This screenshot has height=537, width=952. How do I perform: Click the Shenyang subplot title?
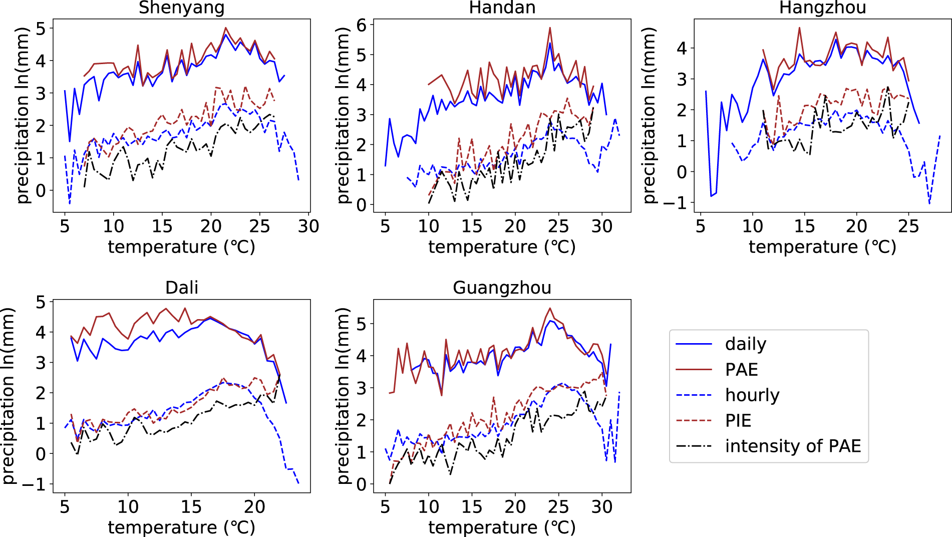click(x=181, y=8)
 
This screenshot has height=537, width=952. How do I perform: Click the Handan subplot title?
click(x=502, y=8)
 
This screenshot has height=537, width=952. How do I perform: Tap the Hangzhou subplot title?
click(x=822, y=8)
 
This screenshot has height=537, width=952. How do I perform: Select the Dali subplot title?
click(x=181, y=288)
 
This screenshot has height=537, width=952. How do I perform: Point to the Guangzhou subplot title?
click(x=502, y=288)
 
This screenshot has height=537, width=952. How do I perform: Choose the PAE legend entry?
click(x=741, y=370)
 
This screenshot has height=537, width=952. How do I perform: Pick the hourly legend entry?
click(x=752, y=395)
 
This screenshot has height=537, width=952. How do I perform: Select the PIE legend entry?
click(x=738, y=421)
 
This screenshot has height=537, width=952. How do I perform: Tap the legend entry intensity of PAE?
click(x=793, y=446)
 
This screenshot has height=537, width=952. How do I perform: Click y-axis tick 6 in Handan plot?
click(x=361, y=25)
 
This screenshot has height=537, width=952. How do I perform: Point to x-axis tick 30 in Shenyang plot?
click(x=308, y=226)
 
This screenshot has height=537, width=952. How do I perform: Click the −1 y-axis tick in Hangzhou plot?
click(x=676, y=203)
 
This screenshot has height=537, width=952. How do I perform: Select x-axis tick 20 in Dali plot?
click(x=254, y=507)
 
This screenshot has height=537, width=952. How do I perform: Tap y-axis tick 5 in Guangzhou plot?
click(x=361, y=324)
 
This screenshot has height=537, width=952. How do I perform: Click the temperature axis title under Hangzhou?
click(x=822, y=247)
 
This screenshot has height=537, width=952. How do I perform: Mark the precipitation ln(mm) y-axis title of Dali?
click(x=9, y=396)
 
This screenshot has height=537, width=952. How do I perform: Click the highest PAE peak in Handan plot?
click(x=550, y=28)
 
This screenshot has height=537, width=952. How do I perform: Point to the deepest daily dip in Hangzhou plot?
click(x=711, y=196)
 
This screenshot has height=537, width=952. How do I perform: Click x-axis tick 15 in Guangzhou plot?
click(x=471, y=507)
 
